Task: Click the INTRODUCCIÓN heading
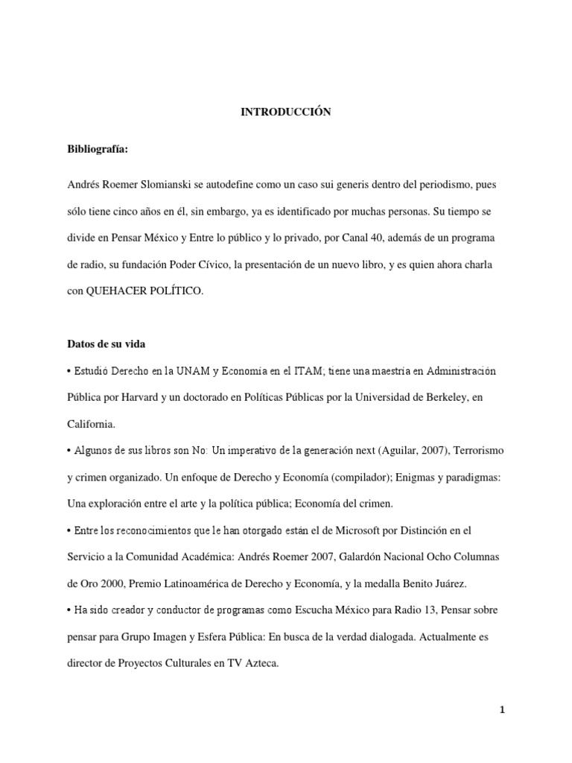[285, 112]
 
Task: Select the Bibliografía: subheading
[98, 149]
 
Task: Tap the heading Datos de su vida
[107, 344]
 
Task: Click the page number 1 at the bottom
[503, 710]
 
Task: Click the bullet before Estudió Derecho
[69, 371]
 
